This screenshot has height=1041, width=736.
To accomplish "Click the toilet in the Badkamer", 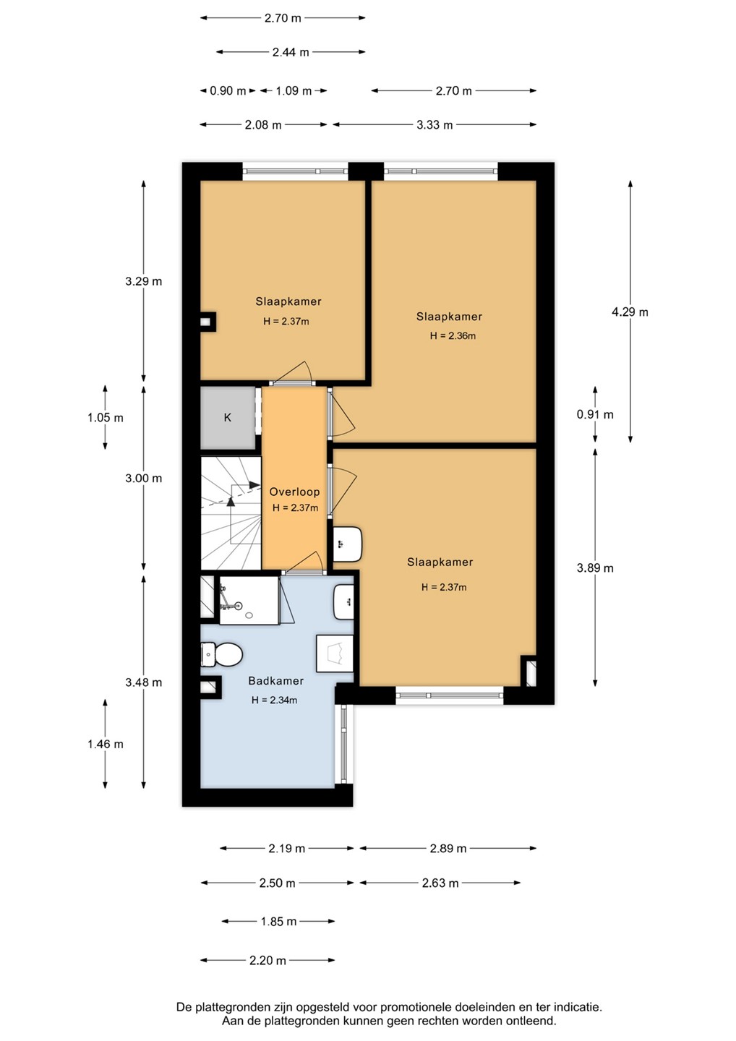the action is [x=222, y=654].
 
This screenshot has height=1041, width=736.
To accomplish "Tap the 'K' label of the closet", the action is [x=228, y=417].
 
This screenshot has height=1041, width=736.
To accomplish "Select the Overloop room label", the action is [x=294, y=492].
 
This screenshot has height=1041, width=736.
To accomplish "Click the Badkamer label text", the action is [x=276, y=681].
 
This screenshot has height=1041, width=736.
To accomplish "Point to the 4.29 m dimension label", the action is [x=630, y=312].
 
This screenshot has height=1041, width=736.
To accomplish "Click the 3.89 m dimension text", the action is [x=595, y=568].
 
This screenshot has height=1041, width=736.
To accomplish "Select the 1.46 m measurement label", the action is [x=106, y=744].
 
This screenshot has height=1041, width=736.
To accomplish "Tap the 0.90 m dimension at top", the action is [x=228, y=90].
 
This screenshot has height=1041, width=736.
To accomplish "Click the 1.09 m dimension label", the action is [x=294, y=90].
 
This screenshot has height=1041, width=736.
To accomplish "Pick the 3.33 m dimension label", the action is [x=435, y=124].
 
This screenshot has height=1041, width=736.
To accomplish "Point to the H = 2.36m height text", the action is [x=453, y=336].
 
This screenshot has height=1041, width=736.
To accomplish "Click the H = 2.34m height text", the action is [x=274, y=700].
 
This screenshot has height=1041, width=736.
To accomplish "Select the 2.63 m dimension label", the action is [x=440, y=883].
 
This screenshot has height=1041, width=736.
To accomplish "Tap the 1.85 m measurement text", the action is [x=278, y=921].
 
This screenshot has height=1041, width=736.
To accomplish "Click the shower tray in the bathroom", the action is [x=249, y=601].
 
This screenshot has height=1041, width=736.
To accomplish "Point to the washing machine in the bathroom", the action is [x=335, y=653].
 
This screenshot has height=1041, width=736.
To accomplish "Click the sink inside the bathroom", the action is [x=344, y=601].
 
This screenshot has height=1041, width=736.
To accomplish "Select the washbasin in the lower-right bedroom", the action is [x=348, y=544].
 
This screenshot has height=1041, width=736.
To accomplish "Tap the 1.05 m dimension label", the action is [x=106, y=417].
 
